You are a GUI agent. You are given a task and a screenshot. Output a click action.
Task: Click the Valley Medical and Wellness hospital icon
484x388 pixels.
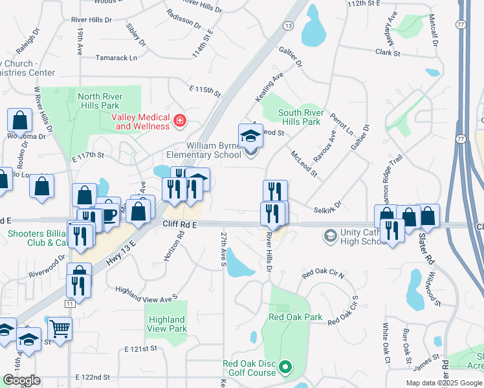179,120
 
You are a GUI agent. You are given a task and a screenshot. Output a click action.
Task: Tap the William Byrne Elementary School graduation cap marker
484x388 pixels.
250,136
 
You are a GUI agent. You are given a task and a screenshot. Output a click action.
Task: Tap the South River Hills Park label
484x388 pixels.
300,117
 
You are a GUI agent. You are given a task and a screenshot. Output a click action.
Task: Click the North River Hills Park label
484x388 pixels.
100,101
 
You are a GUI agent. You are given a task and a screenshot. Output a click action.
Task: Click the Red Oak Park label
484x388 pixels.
295,318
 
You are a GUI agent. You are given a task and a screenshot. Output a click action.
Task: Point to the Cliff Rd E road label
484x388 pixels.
179,224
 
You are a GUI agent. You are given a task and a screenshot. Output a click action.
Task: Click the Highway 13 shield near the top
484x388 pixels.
287,25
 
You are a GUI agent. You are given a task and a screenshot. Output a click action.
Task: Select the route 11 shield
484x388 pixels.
70,303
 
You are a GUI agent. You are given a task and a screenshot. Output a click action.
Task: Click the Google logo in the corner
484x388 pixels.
21,380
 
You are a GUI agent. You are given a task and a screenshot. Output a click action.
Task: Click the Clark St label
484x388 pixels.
384,52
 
